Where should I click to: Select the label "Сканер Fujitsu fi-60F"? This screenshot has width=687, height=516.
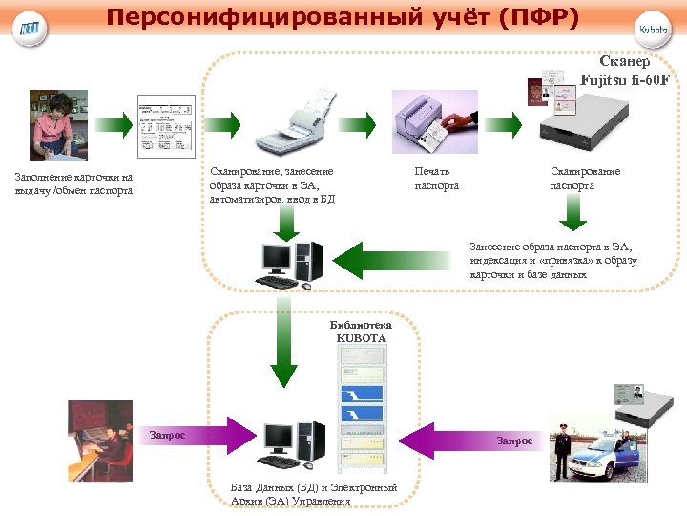click(x=625, y=69)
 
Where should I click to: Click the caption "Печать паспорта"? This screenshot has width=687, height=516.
click(x=436, y=178)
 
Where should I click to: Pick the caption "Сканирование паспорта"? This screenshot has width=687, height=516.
click(x=585, y=178)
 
